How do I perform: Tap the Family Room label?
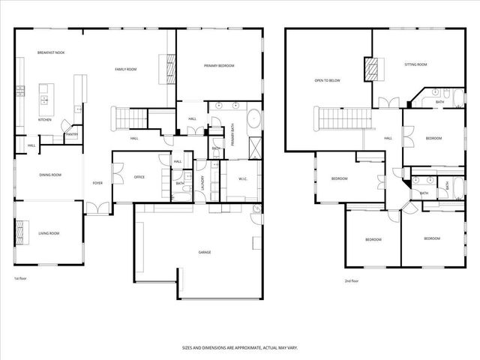tap(125, 69)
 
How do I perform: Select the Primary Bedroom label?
tap(219, 66)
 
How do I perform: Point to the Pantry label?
tap(72, 135)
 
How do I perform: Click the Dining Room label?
tap(50, 175)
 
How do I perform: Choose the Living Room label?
tap(49, 234)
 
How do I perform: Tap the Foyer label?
tap(97, 183)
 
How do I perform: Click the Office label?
tap(139, 177)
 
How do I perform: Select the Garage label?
tap(204, 252)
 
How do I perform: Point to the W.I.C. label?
tap(243, 178)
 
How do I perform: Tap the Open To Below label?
tap(327, 79)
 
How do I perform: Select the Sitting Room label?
tap(415, 65)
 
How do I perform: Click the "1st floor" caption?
tap(20, 279)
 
